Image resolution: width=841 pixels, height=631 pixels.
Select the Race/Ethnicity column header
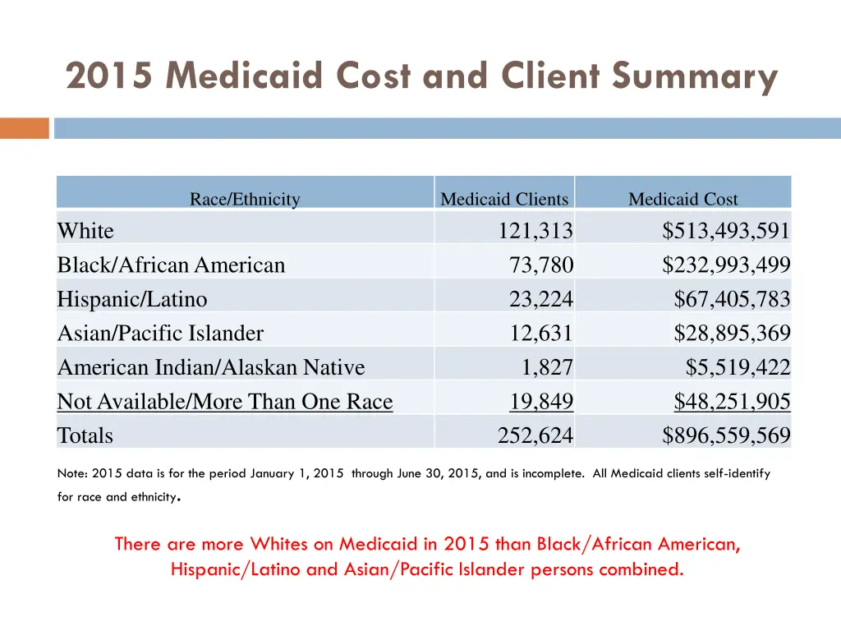(x=245, y=199)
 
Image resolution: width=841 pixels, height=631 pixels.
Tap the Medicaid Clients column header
(x=503, y=199)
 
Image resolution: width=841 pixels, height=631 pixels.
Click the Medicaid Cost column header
(x=682, y=199)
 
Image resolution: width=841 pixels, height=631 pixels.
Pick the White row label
(x=85, y=232)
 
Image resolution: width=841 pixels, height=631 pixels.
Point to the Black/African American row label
(x=171, y=265)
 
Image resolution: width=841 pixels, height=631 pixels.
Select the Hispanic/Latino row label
(x=132, y=300)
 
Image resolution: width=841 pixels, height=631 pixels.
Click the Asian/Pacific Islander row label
(x=160, y=334)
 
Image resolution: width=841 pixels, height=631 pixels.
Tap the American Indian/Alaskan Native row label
(x=211, y=367)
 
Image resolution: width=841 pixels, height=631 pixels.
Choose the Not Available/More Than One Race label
(x=225, y=402)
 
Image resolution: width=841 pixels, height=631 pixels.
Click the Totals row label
(x=85, y=435)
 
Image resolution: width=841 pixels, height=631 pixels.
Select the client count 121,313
(x=535, y=232)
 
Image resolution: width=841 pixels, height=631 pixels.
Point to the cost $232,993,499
(x=726, y=265)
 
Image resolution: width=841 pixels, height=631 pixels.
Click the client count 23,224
(x=541, y=300)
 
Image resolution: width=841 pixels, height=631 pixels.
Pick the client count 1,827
(x=548, y=367)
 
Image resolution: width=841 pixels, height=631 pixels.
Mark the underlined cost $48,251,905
(x=732, y=402)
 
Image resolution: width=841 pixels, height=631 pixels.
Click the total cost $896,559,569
(x=726, y=435)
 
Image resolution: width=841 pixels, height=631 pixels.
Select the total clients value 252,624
(x=535, y=435)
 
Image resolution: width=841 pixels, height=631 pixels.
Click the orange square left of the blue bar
(x=25, y=128)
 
